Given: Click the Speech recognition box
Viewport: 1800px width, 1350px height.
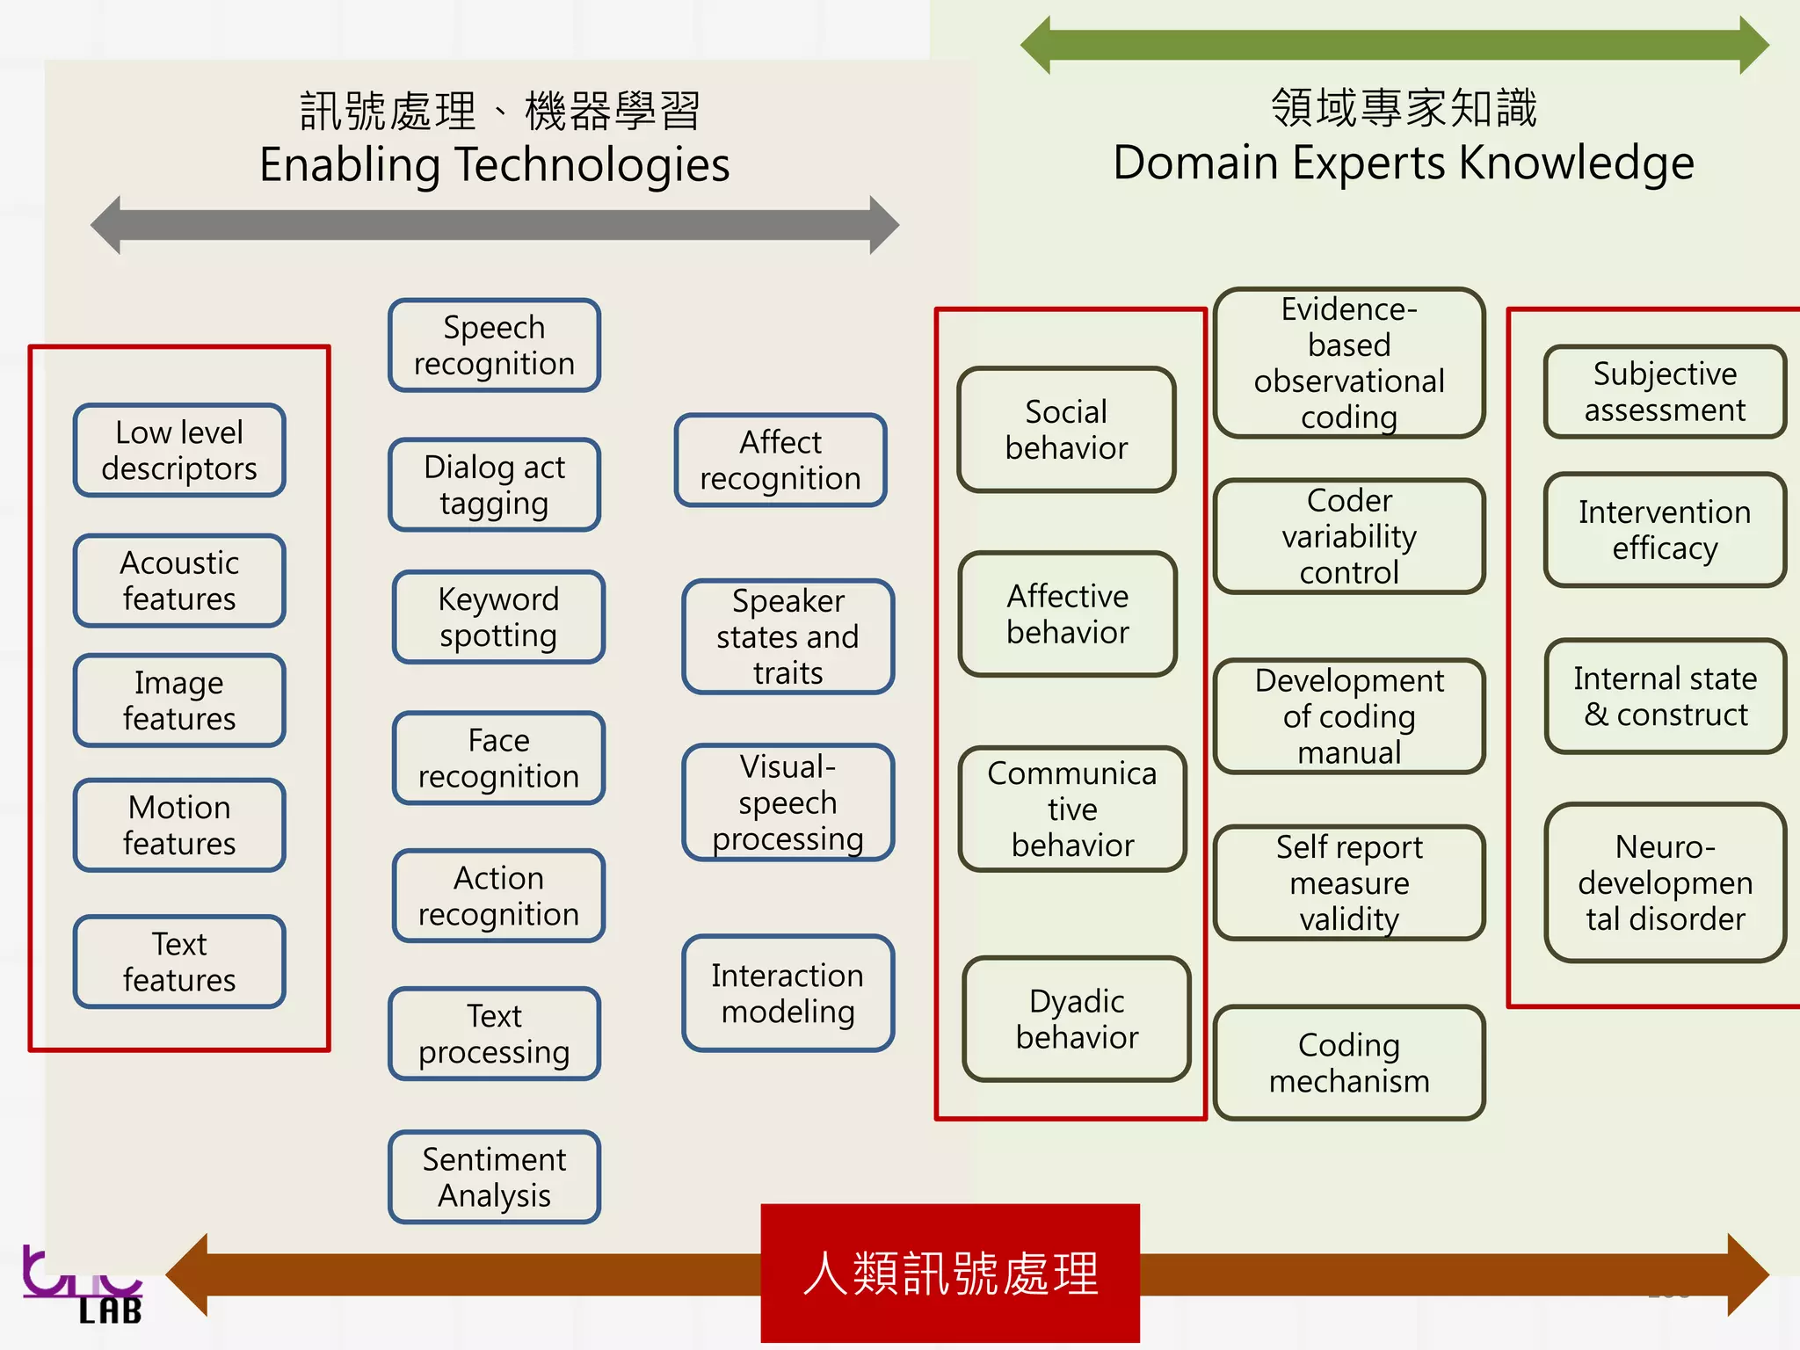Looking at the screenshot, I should pyautogui.click(x=494, y=345).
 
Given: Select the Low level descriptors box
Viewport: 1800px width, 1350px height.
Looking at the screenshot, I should pyautogui.click(x=179, y=450).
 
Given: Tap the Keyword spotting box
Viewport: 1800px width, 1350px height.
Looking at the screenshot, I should pyautogui.click(x=498, y=617).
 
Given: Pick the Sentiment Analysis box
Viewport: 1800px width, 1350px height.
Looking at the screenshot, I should pyautogui.click(x=494, y=1177).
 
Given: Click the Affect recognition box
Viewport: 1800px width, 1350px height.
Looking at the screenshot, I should pyautogui.click(x=780, y=460).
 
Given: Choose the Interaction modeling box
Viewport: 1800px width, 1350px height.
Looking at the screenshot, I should pyautogui.click(x=787, y=993).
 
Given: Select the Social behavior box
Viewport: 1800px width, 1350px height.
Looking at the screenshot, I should pyautogui.click(x=1066, y=430).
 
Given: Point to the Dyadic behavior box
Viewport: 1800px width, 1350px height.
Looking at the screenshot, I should pyautogui.click(x=1077, y=1019).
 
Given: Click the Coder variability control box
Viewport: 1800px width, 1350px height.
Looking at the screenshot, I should pyautogui.click(x=1349, y=536).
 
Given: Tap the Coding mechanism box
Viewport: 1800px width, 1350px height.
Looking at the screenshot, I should pyautogui.click(x=1349, y=1063).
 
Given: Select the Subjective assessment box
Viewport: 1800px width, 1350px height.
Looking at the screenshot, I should pyautogui.click(x=1665, y=392).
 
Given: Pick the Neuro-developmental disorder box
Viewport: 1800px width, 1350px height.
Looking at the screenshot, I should pyautogui.click(x=1665, y=882).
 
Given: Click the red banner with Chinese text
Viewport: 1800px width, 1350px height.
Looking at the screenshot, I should pyautogui.click(x=950, y=1273).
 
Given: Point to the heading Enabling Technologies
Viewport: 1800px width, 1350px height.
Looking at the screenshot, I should pyautogui.click(x=495, y=165).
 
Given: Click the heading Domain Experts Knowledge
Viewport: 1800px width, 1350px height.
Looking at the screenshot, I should pyautogui.click(x=1403, y=163).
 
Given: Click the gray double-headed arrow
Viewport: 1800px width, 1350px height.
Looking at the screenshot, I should pyautogui.click(x=495, y=225).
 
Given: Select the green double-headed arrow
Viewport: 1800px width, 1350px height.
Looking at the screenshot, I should pyautogui.click(x=1394, y=45).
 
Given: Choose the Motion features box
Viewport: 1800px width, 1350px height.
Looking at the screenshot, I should pyautogui.click(x=179, y=825).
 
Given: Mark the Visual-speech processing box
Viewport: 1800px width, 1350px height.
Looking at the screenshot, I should pyautogui.click(x=787, y=802).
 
